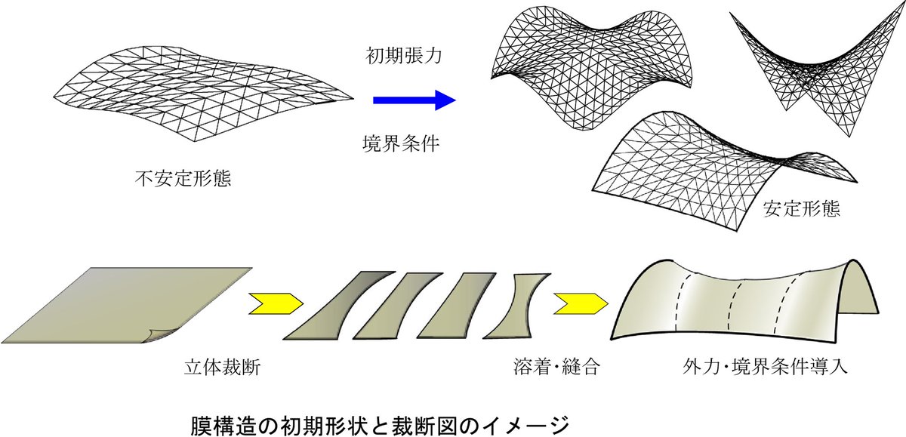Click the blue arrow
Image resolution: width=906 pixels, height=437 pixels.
tap(414, 99)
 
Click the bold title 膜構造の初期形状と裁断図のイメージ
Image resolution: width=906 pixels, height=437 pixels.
tap(377, 421)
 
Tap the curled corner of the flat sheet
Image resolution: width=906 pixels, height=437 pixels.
tap(163, 338)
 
